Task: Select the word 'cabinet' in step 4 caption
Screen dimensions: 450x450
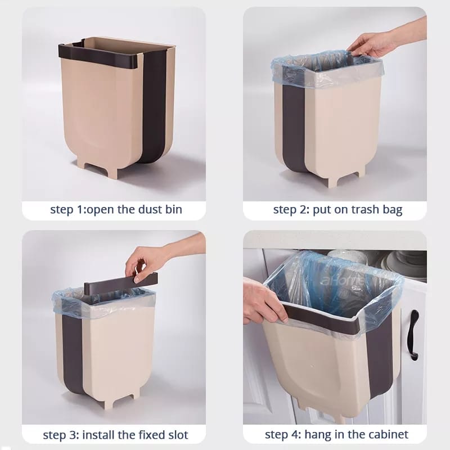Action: click(389, 435)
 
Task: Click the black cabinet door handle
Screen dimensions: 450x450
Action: click(415, 335)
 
